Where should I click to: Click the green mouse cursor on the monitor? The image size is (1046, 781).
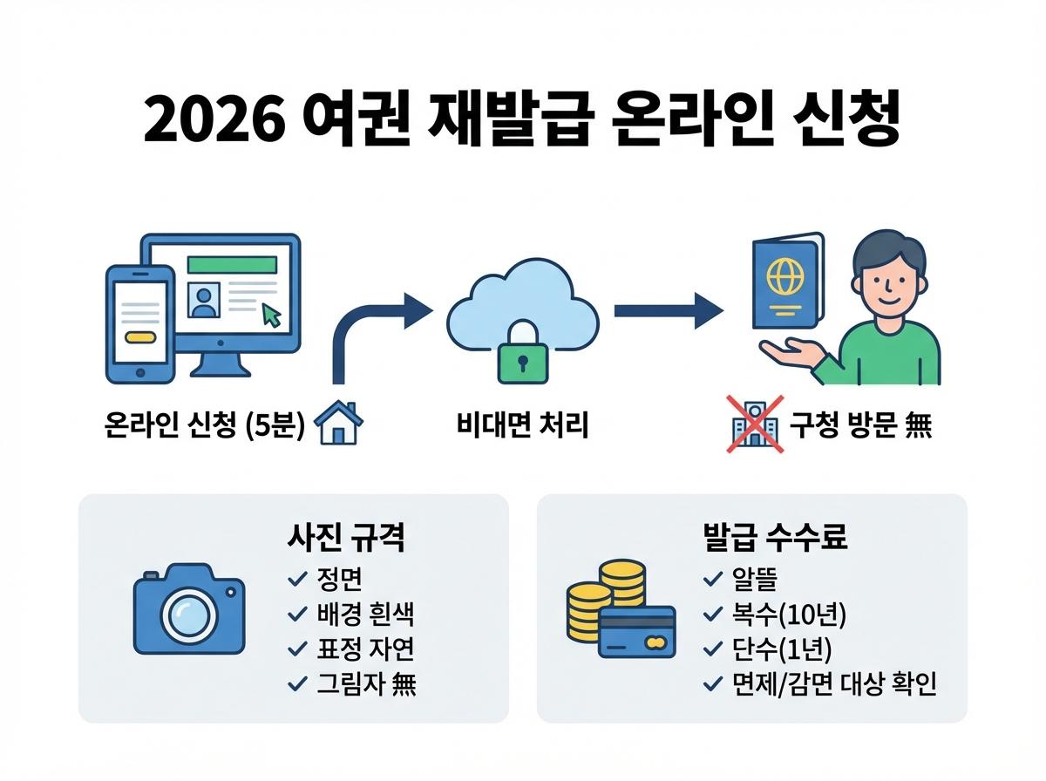pos(272,316)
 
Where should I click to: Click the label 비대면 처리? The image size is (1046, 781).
pos(523,427)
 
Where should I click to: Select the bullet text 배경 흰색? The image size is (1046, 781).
pos(365,615)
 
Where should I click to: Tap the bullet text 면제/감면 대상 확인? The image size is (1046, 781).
pos(834,684)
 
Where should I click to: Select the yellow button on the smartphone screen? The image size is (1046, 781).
pos(139,336)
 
